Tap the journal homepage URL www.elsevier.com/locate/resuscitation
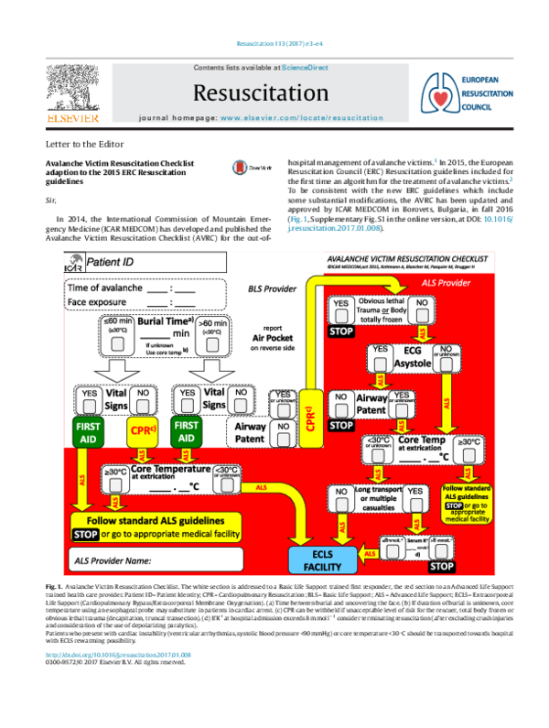click(x=301, y=118)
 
